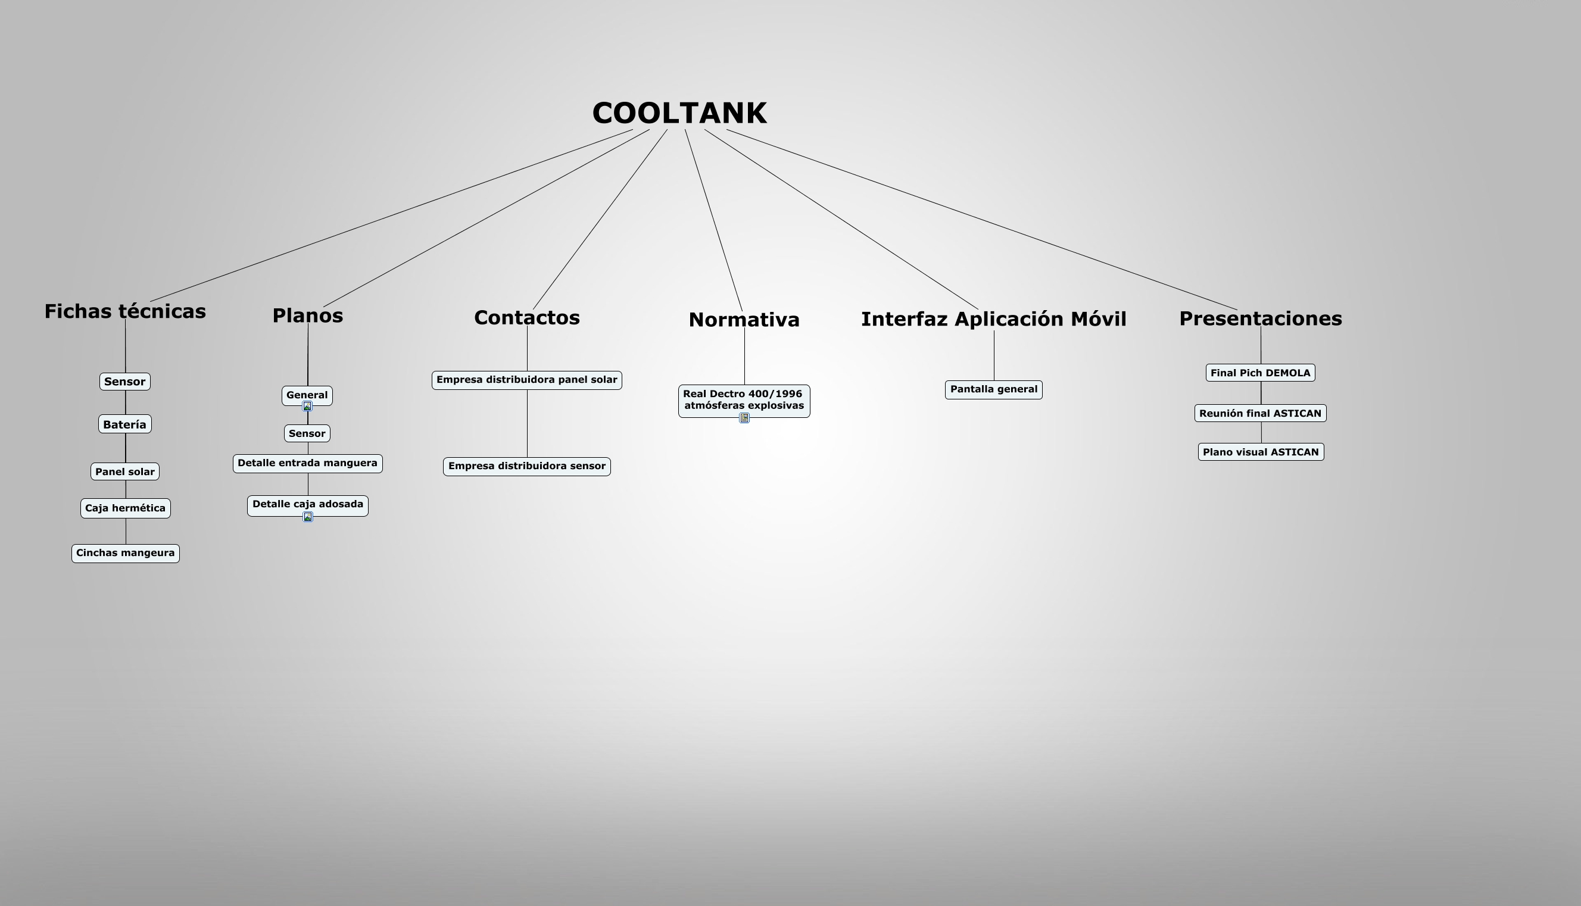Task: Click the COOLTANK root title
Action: (x=679, y=113)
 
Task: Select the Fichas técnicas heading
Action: (x=125, y=311)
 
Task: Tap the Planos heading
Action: (x=307, y=315)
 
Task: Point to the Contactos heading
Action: (x=526, y=317)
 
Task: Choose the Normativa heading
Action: (x=744, y=320)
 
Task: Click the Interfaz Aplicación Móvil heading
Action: (x=993, y=319)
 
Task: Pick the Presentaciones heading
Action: (x=1261, y=318)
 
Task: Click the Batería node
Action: (x=124, y=424)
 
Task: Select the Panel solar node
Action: (x=124, y=471)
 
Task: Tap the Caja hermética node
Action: (x=125, y=508)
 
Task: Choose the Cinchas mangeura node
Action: (x=125, y=553)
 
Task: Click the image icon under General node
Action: (x=307, y=407)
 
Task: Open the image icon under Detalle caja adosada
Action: (x=307, y=517)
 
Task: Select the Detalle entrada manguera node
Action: (x=307, y=464)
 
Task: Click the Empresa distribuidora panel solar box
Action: (x=526, y=380)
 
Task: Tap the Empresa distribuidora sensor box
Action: (x=526, y=466)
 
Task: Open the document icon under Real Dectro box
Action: (x=744, y=418)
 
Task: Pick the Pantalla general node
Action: (x=993, y=389)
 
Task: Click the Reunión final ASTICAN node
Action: (x=1260, y=413)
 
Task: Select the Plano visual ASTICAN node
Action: (x=1261, y=452)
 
